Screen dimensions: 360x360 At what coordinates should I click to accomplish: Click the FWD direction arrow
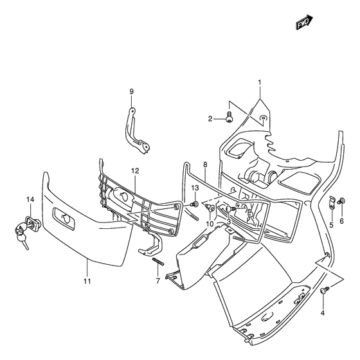pos(304,22)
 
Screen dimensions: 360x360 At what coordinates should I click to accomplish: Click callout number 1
pos(260,82)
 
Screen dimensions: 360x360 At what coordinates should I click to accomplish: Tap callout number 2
pos(210,119)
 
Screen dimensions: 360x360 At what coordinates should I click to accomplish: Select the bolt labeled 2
pos(229,116)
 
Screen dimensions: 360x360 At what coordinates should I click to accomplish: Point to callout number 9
pos(131,91)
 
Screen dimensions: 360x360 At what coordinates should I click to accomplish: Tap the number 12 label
pos(135,170)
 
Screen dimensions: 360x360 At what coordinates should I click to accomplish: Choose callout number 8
pos(205,165)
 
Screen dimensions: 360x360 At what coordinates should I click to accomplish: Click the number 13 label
pos(195,188)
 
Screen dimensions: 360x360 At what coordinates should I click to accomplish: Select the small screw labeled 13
pos(194,204)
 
